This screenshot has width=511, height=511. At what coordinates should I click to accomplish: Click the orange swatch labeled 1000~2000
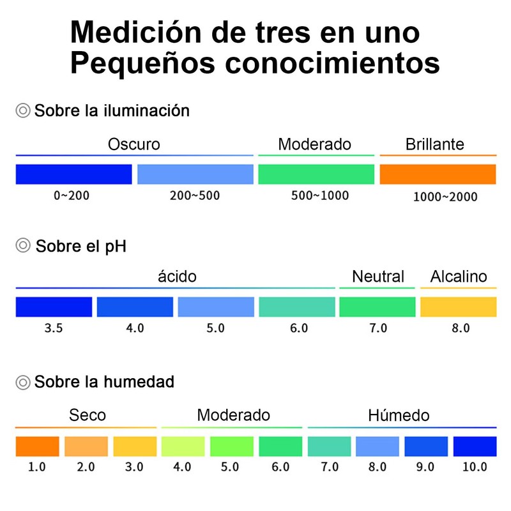click(438, 174)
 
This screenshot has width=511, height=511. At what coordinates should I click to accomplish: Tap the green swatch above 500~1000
click(316, 174)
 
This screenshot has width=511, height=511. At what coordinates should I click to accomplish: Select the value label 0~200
click(72, 195)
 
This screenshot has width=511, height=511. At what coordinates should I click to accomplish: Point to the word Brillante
click(434, 144)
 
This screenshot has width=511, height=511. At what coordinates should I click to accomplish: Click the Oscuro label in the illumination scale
click(134, 144)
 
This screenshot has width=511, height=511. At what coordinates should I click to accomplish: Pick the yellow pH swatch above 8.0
click(458, 307)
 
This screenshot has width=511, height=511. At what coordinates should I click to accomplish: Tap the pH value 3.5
click(54, 329)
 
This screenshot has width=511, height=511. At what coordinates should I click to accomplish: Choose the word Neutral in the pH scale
click(378, 277)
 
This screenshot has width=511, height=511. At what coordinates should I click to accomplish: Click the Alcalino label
click(459, 277)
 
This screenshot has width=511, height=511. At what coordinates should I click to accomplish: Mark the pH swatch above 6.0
click(297, 307)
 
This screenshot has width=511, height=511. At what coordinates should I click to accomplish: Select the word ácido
click(177, 277)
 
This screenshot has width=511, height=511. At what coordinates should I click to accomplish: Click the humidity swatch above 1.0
click(37, 446)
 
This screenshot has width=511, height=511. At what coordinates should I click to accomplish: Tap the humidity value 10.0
click(475, 467)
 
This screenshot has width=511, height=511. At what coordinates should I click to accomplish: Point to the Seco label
click(88, 415)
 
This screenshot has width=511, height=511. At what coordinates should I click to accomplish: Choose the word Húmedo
click(399, 415)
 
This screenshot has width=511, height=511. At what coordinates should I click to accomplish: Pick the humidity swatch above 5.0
click(231, 446)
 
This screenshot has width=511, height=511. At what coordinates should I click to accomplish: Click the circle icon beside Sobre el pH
click(23, 245)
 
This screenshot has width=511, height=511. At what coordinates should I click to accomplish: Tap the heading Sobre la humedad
click(104, 382)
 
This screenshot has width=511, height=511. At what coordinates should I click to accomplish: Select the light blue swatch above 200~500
click(195, 174)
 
